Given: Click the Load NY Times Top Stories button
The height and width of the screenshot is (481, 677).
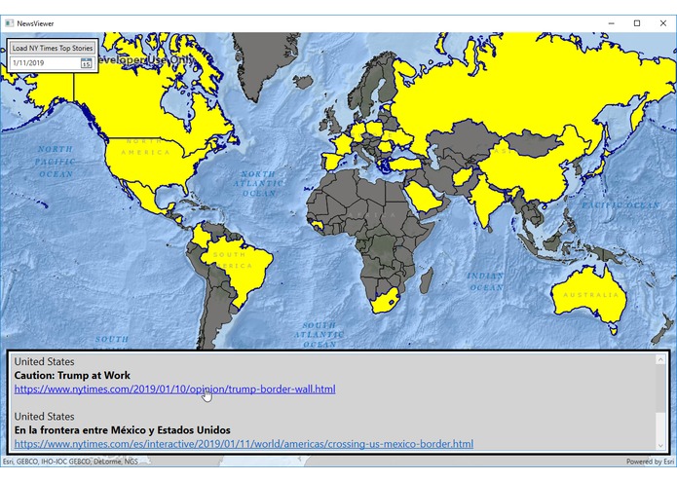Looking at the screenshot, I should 53,47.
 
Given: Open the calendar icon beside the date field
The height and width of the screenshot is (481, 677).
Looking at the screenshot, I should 86,63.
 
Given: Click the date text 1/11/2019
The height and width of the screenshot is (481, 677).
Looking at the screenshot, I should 29,63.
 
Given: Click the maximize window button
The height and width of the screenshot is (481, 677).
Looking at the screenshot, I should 636,22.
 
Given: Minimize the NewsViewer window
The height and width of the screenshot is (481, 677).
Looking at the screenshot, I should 611,22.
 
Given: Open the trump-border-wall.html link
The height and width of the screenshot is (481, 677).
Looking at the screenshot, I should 174,389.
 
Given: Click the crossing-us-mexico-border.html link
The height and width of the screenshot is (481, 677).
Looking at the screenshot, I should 244,444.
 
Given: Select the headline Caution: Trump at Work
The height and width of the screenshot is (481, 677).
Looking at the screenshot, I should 72,375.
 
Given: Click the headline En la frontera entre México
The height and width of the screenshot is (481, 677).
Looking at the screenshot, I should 122,429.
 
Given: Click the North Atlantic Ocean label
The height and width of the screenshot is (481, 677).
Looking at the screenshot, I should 258,183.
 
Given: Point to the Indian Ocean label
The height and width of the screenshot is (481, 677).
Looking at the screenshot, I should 484,281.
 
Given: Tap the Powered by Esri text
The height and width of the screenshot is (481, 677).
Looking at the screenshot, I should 650,462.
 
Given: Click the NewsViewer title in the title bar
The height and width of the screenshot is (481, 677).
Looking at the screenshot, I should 36,22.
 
